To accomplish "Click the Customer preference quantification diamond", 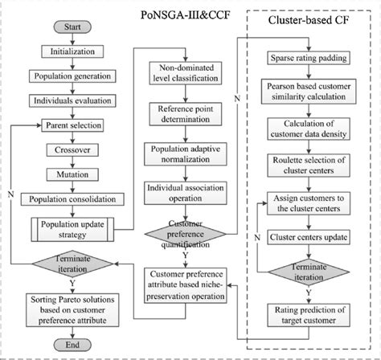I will click(x=184, y=232).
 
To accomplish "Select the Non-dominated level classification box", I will click(x=184, y=74).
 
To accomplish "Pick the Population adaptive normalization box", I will click(x=184, y=154).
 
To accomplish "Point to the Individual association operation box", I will click(x=184, y=193).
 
